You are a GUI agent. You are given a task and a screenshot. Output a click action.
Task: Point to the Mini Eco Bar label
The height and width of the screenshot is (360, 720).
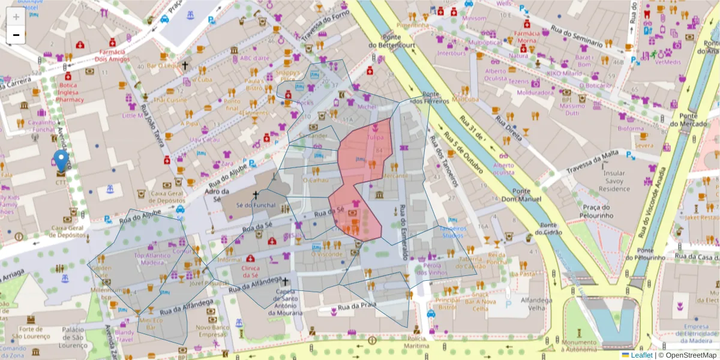pyautogui.click(x=151, y=324)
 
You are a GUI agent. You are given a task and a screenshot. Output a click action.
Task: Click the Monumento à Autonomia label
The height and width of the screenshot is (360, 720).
pyautogui.click(x=579, y=345)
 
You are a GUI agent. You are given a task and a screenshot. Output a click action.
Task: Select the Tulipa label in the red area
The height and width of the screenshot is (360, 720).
pyautogui.click(x=375, y=137)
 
